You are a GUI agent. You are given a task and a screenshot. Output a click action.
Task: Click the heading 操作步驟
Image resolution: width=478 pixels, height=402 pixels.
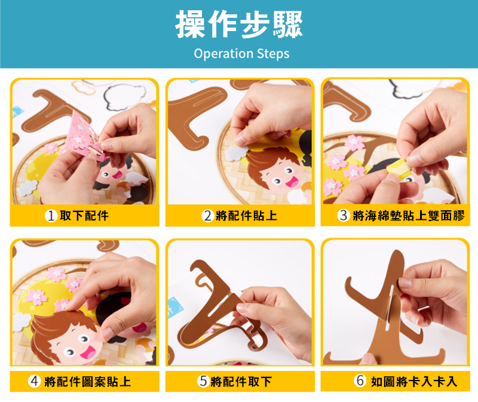[x=239, y=24]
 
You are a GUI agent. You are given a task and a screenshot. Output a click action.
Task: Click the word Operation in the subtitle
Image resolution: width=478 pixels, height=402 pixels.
[x=223, y=54]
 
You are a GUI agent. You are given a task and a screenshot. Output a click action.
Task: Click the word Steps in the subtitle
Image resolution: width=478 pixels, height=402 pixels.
[x=273, y=54]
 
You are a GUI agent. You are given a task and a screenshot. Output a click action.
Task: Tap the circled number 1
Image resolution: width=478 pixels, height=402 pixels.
[x=51, y=216]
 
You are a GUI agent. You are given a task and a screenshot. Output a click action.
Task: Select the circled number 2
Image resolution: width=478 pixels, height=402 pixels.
[x=207, y=216]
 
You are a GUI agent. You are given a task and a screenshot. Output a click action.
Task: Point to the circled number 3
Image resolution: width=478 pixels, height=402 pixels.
[x=344, y=215]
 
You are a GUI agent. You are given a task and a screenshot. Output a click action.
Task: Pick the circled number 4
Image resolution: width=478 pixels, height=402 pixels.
[x=35, y=381]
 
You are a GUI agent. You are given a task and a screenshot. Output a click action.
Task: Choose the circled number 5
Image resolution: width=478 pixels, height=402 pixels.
[x=203, y=381]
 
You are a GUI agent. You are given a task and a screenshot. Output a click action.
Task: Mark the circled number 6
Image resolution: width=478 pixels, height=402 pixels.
[x=360, y=380]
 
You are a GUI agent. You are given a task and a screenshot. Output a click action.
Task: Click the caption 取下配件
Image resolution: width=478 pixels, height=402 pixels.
[x=84, y=216]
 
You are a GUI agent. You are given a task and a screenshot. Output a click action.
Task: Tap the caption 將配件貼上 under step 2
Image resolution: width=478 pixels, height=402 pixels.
[x=246, y=216]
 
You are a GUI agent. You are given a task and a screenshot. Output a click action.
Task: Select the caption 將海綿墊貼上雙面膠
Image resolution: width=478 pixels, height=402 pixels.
[x=409, y=216]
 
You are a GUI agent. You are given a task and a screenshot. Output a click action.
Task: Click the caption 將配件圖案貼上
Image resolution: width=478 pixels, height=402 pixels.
[x=87, y=382]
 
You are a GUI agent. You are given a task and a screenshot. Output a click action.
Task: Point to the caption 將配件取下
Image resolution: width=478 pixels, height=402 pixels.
[x=241, y=382]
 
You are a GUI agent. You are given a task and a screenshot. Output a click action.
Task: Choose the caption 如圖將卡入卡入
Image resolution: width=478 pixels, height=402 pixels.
[x=414, y=381]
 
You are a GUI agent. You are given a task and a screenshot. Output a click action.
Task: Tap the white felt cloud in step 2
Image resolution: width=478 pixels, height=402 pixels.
[x=237, y=153]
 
